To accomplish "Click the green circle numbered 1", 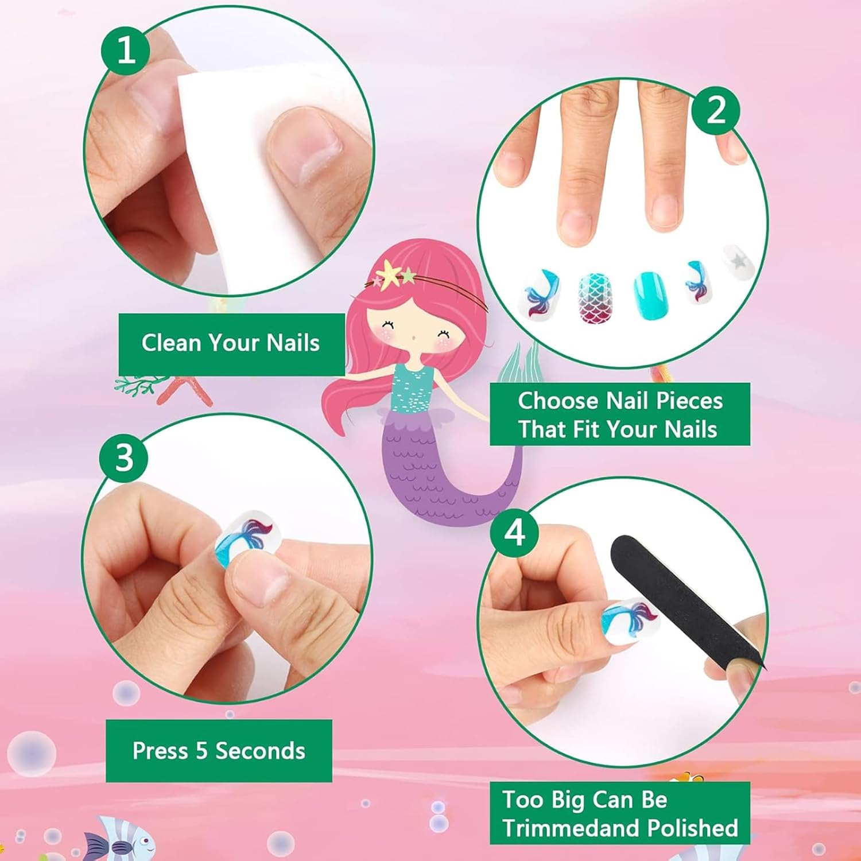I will (125, 51).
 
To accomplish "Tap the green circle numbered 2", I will (715, 110).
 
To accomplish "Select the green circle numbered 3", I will (124, 458).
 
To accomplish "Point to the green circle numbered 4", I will (514, 533).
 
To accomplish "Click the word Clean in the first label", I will (172, 343).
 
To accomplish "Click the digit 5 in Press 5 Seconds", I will (201, 751).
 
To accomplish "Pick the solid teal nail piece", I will (650, 295).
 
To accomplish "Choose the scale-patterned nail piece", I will (595, 296).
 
